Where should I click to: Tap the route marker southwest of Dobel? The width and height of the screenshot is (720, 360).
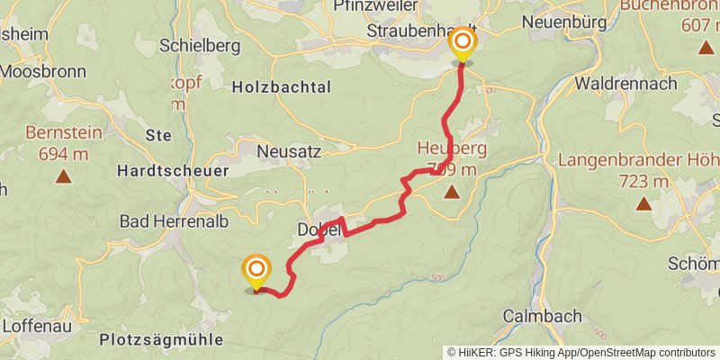[x=256, y=270]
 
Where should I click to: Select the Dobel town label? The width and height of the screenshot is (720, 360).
[x=318, y=230]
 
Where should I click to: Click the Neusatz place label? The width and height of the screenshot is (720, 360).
[x=288, y=152]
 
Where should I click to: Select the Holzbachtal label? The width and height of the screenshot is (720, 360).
[x=282, y=87]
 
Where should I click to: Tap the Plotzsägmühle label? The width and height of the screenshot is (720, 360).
[x=161, y=340]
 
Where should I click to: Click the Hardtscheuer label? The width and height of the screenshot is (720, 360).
[x=174, y=169]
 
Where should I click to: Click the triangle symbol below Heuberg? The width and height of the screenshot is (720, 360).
[x=450, y=191]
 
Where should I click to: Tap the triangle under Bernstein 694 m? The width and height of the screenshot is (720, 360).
[x=63, y=175]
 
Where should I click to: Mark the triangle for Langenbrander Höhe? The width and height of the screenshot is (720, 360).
[x=644, y=203]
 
